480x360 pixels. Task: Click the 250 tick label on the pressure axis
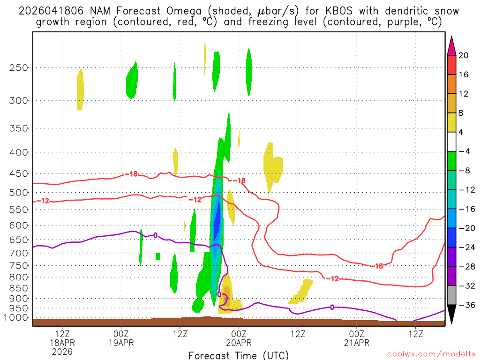coord(19,67)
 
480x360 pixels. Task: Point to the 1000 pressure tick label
coord(16,317)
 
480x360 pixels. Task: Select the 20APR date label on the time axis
coord(239,343)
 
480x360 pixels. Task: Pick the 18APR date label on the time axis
coord(63,343)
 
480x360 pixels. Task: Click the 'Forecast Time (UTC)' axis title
coord(239,355)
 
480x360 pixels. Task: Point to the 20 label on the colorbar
coord(464,55)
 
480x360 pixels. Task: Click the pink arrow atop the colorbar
coord(451,45)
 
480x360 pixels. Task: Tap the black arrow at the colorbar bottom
coord(451,314)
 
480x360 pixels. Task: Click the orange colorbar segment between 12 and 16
coord(451,84)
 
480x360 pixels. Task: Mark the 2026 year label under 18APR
coord(63,351)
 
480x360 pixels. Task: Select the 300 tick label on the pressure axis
coord(19,100)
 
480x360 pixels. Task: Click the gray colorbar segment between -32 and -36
coord(451,295)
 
